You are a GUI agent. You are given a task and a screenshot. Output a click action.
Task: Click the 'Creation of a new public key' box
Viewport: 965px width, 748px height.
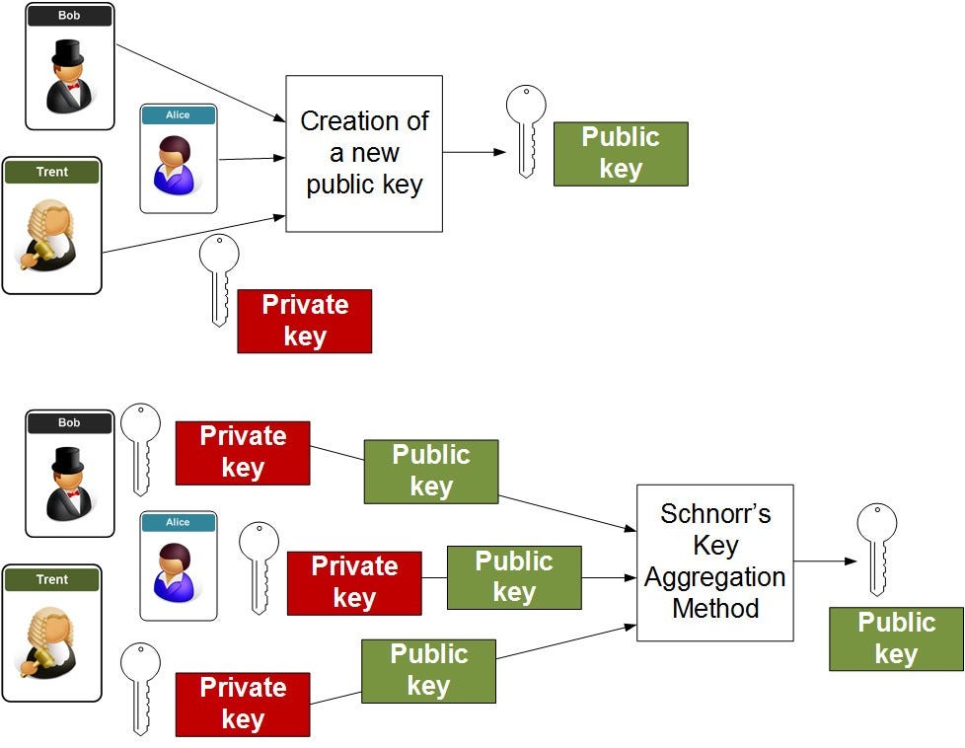[x=364, y=153]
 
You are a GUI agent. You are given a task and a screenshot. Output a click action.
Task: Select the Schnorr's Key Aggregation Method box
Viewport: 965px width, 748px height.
[x=715, y=562]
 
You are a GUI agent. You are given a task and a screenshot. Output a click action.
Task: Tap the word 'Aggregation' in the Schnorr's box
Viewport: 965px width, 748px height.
[x=715, y=577]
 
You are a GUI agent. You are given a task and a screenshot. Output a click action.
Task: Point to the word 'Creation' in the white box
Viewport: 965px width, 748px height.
[x=347, y=120]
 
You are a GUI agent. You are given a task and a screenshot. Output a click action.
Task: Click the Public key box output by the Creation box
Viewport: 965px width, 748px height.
[x=621, y=154]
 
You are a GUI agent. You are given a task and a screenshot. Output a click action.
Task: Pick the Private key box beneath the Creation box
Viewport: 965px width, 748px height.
[x=305, y=321]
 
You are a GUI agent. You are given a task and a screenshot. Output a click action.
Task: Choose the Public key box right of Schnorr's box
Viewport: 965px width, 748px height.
[x=897, y=638]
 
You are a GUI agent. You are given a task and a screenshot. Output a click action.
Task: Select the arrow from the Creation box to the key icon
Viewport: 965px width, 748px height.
[x=474, y=152]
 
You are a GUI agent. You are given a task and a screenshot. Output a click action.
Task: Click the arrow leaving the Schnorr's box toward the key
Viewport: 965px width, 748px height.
[x=825, y=561]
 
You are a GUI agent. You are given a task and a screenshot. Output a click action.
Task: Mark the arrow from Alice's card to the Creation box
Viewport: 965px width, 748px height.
[x=252, y=158]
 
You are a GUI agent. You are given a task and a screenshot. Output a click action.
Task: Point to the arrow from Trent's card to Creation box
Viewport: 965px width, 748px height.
[x=193, y=234]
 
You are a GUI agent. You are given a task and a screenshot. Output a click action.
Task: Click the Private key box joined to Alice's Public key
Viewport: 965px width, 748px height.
[x=354, y=583]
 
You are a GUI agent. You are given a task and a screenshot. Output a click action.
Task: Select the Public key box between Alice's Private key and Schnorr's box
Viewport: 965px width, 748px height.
[x=514, y=577]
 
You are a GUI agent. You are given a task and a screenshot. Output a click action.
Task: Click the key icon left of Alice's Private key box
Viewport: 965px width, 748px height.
[x=259, y=567]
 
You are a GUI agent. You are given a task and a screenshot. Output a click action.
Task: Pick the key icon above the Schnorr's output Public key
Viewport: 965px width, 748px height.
[x=877, y=549]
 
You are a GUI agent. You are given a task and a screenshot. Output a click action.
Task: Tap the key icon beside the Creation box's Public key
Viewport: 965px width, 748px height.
[x=526, y=131]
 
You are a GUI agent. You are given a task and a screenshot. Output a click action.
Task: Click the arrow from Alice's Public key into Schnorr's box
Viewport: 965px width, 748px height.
[x=609, y=577]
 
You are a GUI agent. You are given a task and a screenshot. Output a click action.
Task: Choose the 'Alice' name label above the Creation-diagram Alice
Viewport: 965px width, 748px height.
[x=178, y=115]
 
